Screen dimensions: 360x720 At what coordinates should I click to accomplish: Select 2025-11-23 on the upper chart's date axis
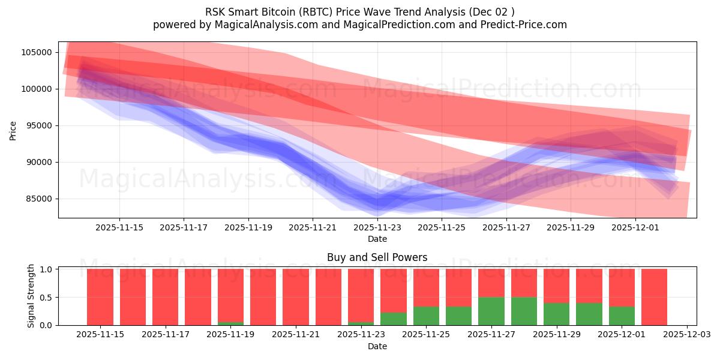377,227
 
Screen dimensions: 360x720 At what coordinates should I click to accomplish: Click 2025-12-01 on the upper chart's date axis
635,227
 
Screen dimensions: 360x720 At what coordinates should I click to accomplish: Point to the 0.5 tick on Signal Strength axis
46,298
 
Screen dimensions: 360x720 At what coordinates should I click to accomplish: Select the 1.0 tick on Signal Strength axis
46,269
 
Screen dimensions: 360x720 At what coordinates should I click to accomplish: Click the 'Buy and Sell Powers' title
377,257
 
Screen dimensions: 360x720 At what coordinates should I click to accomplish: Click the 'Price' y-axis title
13,130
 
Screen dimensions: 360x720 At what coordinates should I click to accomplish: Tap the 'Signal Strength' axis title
31,296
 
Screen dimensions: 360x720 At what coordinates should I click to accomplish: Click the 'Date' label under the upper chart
377,239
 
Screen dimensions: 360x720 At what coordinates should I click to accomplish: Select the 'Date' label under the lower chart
377,346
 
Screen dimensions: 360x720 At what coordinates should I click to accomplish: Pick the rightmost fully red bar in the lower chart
654,297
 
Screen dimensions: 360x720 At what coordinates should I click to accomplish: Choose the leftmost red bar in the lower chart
100,297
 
